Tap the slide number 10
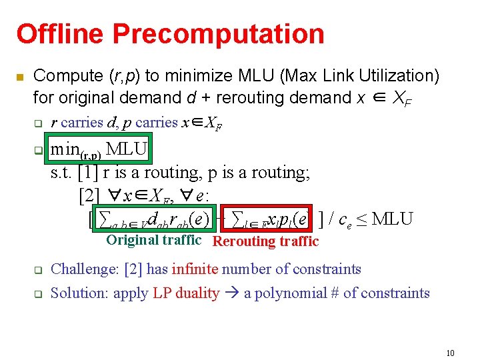point(450,353)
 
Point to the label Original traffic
point(153,240)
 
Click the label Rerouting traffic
point(265,241)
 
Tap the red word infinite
point(195,269)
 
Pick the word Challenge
point(84,269)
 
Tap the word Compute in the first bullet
point(61,76)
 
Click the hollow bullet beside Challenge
point(38,271)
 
